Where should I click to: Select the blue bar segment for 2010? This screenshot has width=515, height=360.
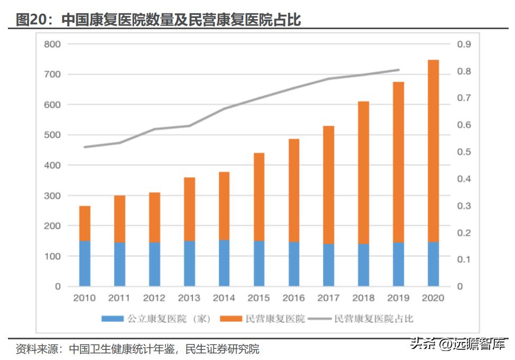click(x=85, y=264)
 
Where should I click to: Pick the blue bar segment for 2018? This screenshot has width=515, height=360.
click(x=363, y=265)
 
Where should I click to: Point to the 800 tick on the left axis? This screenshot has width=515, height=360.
click(x=53, y=44)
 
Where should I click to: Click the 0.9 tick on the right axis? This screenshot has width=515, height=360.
click(x=464, y=44)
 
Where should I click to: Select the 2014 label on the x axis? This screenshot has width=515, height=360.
click(x=224, y=298)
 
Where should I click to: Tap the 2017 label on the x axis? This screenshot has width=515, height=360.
click(x=328, y=298)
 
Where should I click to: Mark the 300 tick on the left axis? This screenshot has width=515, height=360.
click(x=53, y=196)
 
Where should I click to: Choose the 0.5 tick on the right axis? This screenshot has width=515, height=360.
click(x=464, y=152)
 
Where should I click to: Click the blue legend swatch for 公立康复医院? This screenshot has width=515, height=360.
click(x=111, y=319)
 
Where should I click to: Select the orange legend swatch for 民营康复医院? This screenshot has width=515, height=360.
click(x=230, y=319)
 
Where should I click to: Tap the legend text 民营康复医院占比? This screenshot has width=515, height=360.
click(x=374, y=319)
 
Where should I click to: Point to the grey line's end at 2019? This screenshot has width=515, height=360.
click(x=398, y=69)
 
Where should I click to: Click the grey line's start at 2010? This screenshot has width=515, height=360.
click(x=85, y=147)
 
